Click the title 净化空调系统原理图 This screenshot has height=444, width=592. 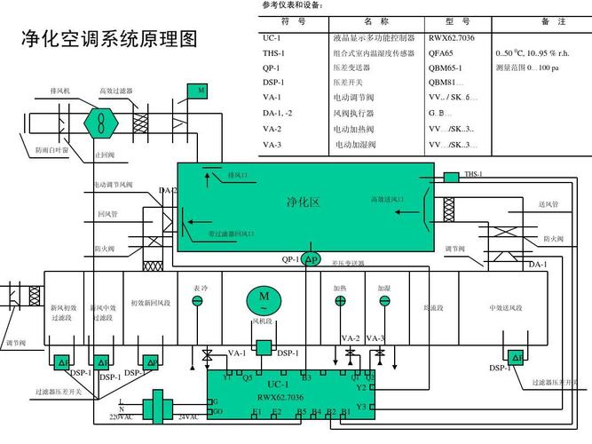click(x=109, y=40)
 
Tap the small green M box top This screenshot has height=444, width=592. click(x=199, y=91)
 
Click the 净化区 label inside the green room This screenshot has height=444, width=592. click(x=303, y=202)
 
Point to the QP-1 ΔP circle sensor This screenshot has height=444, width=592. click(x=310, y=258)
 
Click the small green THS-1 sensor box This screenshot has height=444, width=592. click(x=450, y=177)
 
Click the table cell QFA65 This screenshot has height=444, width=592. click(x=441, y=53)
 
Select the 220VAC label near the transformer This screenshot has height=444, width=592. click(x=121, y=417)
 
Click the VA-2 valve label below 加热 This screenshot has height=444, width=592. click(x=350, y=338)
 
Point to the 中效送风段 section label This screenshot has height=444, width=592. click(x=507, y=307)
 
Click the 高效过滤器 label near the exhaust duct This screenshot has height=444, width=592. click(x=115, y=91)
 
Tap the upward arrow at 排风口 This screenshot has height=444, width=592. click(x=209, y=179)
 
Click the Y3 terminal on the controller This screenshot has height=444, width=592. click(x=361, y=407)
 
